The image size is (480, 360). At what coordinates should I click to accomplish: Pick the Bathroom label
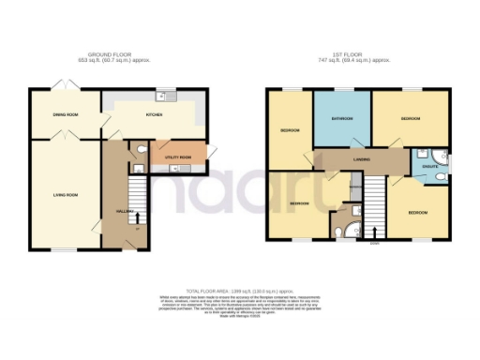(341, 119)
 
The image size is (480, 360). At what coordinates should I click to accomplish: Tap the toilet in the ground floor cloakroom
(140, 150)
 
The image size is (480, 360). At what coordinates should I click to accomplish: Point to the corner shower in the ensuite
(421, 153)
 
